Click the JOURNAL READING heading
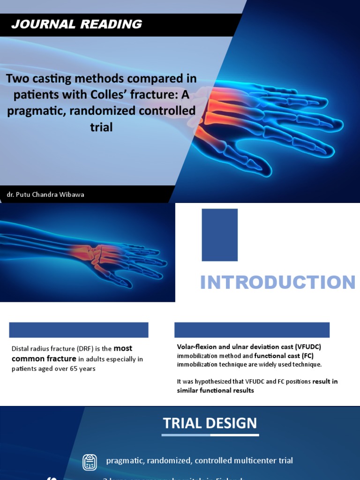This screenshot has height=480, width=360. (77, 24)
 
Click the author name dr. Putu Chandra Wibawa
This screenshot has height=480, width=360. (45, 194)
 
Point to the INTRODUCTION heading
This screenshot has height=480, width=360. (277, 283)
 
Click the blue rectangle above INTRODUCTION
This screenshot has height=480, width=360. (219, 235)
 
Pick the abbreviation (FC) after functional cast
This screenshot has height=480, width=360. (308, 356)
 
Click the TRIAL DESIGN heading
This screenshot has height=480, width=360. (210, 423)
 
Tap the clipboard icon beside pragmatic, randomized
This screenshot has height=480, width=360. (90, 462)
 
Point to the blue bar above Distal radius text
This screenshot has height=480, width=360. (79, 330)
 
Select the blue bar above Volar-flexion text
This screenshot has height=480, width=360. (252, 330)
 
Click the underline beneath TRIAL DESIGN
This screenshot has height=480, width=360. (210, 435)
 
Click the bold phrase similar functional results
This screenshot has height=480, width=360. (215, 390)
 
